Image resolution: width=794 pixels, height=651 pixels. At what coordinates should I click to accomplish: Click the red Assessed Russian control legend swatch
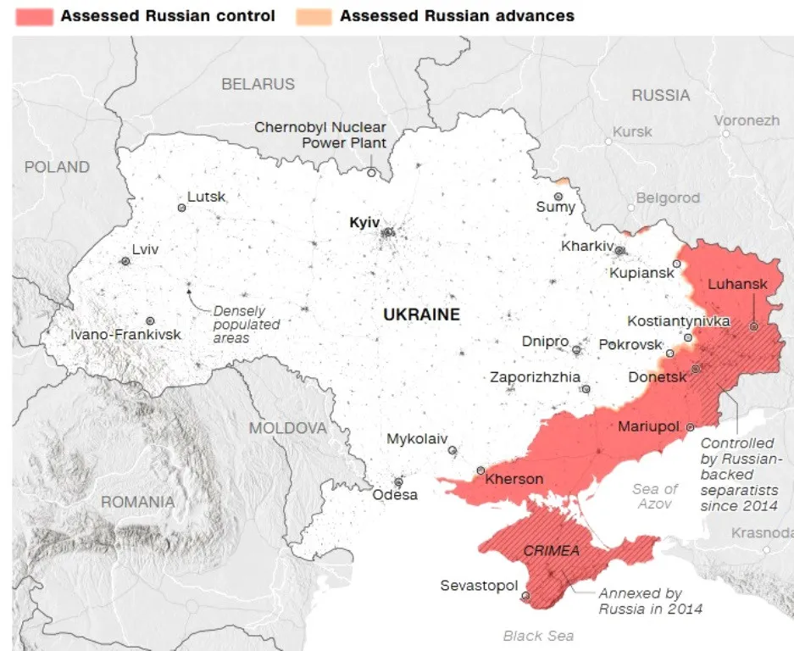(x=31, y=16)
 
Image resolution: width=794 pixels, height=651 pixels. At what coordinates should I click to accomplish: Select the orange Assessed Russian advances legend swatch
(x=313, y=16)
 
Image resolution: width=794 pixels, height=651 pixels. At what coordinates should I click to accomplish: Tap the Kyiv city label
(x=364, y=222)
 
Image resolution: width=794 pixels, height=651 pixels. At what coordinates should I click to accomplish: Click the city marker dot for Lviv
(x=125, y=262)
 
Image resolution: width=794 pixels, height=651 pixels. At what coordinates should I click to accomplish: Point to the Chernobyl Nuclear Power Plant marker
(x=371, y=172)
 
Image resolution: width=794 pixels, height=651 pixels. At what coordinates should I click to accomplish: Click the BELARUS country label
(x=258, y=84)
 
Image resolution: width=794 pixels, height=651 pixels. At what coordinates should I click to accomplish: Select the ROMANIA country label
(x=137, y=502)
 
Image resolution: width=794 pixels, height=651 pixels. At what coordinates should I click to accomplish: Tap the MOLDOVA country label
(x=287, y=428)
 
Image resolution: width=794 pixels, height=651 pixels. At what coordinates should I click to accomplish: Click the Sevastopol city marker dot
(x=525, y=596)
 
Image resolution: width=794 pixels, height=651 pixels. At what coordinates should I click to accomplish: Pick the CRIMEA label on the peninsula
(x=551, y=551)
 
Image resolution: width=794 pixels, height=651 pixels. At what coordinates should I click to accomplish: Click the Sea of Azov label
(x=655, y=496)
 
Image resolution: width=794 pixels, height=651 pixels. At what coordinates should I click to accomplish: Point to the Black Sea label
(x=538, y=636)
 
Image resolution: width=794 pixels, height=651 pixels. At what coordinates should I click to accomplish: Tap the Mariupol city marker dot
(x=690, y=427)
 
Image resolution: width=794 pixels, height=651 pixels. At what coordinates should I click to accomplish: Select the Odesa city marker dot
(x=398, y=481)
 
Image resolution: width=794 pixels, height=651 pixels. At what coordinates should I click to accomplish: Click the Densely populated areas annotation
(x=246, y=324)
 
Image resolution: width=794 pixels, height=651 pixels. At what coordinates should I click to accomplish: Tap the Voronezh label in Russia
(x=746, y=120)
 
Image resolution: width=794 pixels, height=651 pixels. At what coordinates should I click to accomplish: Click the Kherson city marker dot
(x=480, y=470)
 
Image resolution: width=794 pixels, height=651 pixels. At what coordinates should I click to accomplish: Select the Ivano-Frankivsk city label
(x=125, y=334)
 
